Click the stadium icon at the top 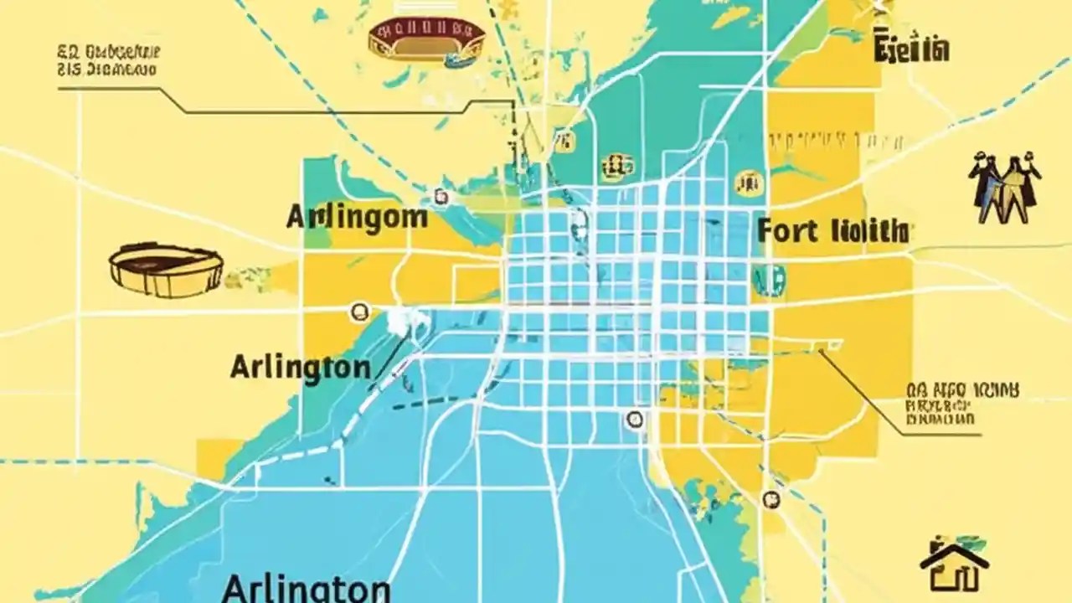427,39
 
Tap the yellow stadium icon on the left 166,270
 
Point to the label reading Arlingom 357,217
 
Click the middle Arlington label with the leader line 300,367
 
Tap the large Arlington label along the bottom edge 306,587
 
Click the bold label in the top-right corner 911,49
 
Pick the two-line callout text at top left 109,61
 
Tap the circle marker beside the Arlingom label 441,198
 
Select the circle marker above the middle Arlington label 359,312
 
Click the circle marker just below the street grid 634,419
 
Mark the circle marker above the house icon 770,498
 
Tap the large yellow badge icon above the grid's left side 616,166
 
